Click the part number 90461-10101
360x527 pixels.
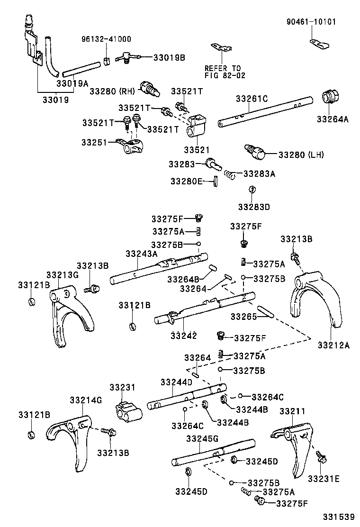pyautogui.click(x=310, y=22)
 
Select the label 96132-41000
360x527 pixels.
pyautogui.click(x=107, y=39)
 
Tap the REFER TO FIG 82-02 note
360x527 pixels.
pyautogui.click(x=222, y=72)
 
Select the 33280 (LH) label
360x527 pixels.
pyautogui.click(x=300, y=154)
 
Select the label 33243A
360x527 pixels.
pyautogui.click(x=141, y=254)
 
